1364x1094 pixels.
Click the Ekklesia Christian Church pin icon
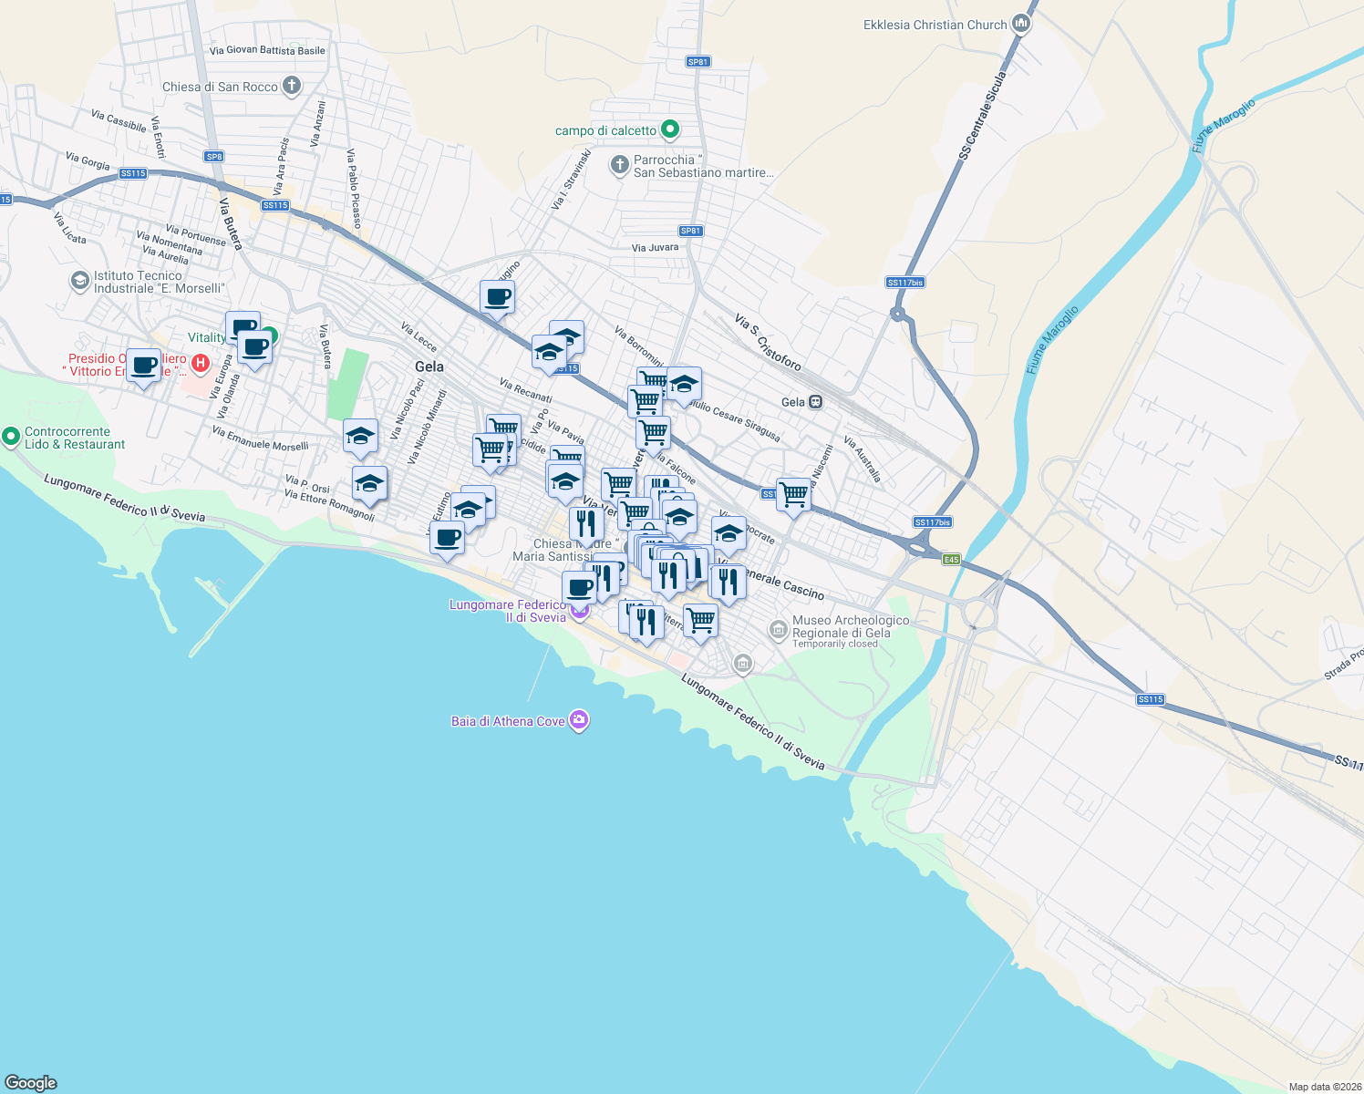click(1021, 25)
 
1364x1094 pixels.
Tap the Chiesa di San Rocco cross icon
click(292, 87)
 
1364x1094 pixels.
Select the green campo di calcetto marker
click(670, 130)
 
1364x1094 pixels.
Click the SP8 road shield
click(214, 157)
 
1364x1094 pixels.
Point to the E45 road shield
click(951, 559)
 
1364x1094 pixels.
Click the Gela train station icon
click(815, 402)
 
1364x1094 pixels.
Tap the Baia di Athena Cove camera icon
click(578, 721)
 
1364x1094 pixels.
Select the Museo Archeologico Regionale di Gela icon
click(778, 629)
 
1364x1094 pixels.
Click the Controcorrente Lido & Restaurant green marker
click(11, 437)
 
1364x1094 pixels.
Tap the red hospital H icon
click(200, 365)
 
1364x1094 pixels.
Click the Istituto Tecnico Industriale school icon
click(80, 282)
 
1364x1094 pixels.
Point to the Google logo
click(31, 1082)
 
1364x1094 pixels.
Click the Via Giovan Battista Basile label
click(267, 50)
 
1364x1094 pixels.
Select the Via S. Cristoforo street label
click(768, 342)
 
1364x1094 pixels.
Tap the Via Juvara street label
click(655, 247)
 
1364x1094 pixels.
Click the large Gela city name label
click(429, 366)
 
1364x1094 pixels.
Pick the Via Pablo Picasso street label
click(354, 188)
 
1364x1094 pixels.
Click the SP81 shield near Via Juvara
click(690, 231)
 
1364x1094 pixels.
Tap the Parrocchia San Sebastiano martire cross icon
click(619, 165)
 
